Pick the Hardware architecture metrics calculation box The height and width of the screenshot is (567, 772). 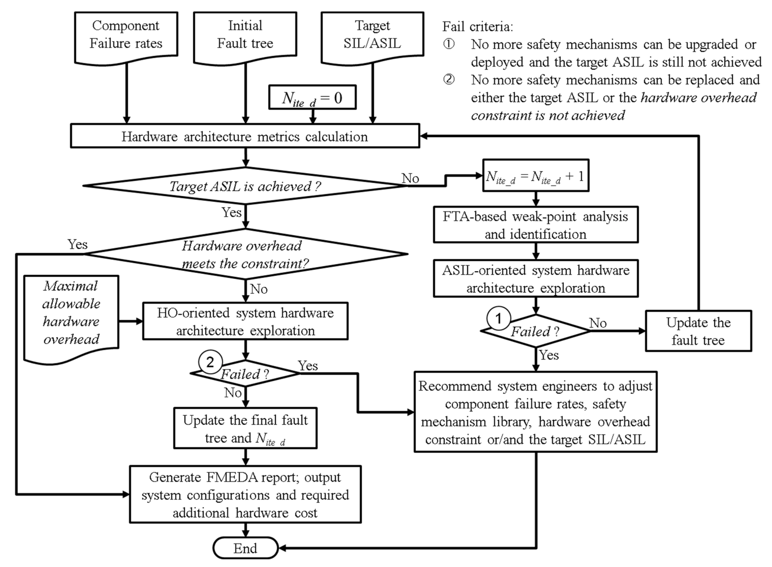pyautogui.click(x=245, y=136)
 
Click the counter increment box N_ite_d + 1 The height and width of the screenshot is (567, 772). pyautogui.click(x=535, y=176)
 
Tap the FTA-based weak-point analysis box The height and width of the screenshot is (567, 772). pyautogui.click(x=535, y=225)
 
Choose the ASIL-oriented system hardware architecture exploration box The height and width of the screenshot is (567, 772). pyautogui.click(x=535, y=279)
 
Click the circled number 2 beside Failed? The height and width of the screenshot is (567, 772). pyautogui.click(x=210, y=362)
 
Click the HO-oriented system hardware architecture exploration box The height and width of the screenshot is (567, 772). pyautogui.click(x=245, y=321)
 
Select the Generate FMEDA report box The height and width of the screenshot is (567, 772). pyautogui.click(x=245, y=495)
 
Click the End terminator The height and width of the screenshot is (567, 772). pyautogui.click(x=245, y=548)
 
